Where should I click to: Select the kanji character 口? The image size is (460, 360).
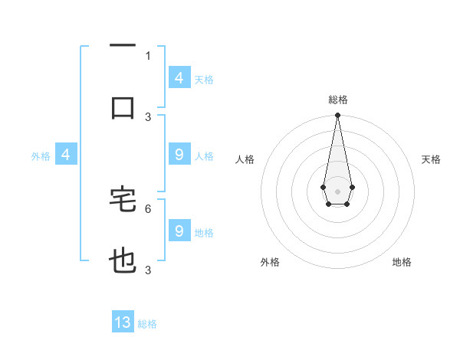tap(123, 106)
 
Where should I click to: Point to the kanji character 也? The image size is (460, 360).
tap(123, 261)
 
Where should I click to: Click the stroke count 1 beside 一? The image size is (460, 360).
tap(148, 55)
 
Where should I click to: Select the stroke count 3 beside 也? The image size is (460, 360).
tap(148, 270)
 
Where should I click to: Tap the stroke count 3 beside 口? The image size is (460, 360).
tap(148, 116)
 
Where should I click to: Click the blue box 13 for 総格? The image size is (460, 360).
tap(123, 322)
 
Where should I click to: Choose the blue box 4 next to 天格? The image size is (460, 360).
tap(179, 78)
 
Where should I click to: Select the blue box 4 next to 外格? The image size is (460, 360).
tap(66, 155)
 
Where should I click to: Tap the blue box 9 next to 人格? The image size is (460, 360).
tap(179, 155)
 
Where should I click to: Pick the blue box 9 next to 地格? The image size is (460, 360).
tap(179, 231)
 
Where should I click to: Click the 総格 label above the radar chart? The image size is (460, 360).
tap(338, 100)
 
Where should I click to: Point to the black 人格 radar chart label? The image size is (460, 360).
tap(245, 160)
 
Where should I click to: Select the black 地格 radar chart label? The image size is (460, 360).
tap(402, 263)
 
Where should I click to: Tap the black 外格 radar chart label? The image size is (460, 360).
tap(270, 263)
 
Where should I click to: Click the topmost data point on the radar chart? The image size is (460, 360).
tap(337, 115)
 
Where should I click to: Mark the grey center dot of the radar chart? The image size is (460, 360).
tap(337, 191)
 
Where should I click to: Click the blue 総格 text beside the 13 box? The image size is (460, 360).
tap(147, 324)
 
